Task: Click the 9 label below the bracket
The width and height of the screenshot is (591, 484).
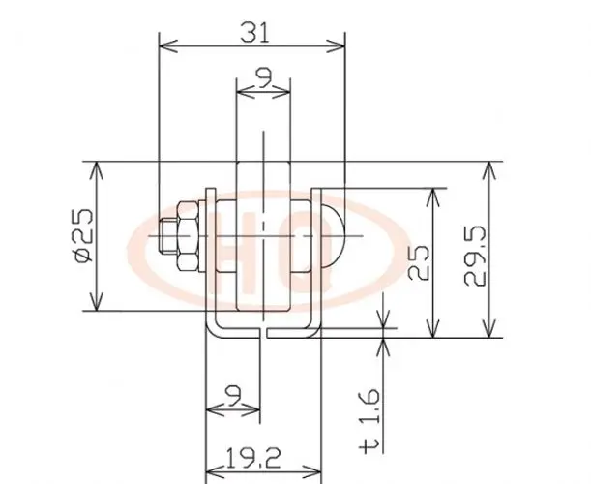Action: click(x=232, y=393)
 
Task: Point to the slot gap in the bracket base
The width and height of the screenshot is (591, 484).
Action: click(x=264, y=333)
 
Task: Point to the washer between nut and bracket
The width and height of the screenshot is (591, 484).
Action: click(x=205, y=237)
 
